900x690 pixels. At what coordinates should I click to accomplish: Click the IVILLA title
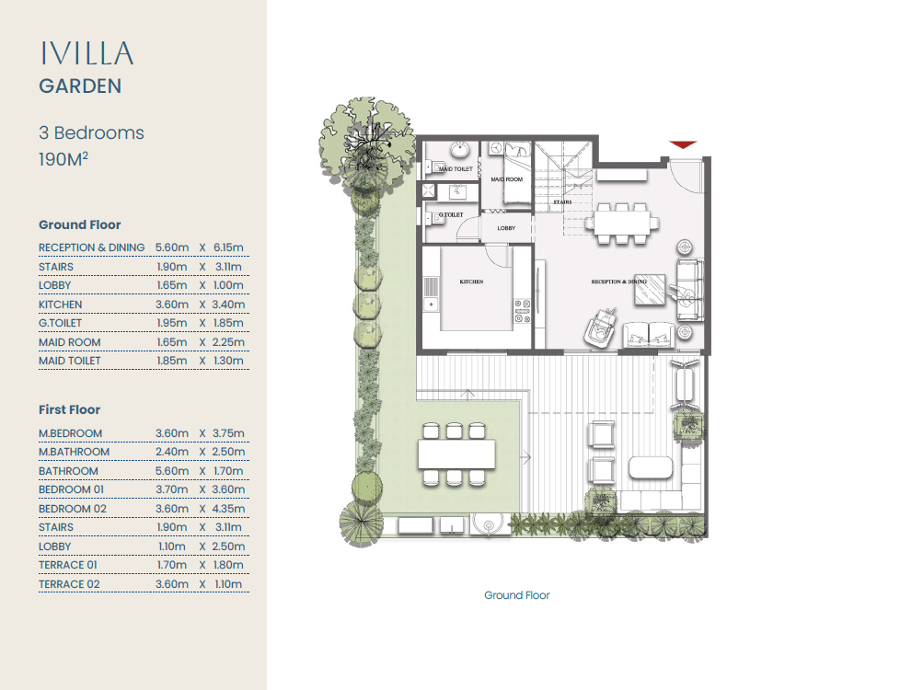(87, 53)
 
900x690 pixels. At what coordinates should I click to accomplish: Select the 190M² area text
(63, 159)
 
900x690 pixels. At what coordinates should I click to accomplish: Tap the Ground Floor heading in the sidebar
(80, 224)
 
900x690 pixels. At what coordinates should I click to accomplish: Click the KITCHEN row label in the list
(60, 305)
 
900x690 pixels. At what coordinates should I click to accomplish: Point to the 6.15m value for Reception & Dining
(228, 247)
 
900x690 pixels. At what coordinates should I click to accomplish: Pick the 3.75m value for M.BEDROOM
(228, 433)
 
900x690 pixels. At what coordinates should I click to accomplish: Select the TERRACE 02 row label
(69, 584)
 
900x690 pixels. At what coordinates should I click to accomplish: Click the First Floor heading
(69, 409)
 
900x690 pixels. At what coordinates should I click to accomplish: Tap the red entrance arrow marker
(683, 144)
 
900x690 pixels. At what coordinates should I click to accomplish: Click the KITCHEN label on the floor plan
(471, 282)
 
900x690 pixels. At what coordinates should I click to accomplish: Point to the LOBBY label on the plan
(506, 228)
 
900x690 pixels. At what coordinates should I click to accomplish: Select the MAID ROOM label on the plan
(507, 179)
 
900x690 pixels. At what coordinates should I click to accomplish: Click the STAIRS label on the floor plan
(562, 202)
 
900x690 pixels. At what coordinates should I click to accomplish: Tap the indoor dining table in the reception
(622, 222)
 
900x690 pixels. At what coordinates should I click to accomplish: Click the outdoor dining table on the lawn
(456, 454)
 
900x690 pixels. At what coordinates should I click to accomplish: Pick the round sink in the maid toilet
(459, 150)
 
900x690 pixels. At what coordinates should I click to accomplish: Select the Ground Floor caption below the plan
(516, 595)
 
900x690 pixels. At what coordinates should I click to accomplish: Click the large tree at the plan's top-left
(366, 144)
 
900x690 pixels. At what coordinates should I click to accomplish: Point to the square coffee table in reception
(650, 290)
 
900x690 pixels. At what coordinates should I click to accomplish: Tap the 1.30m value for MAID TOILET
(228, 361)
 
